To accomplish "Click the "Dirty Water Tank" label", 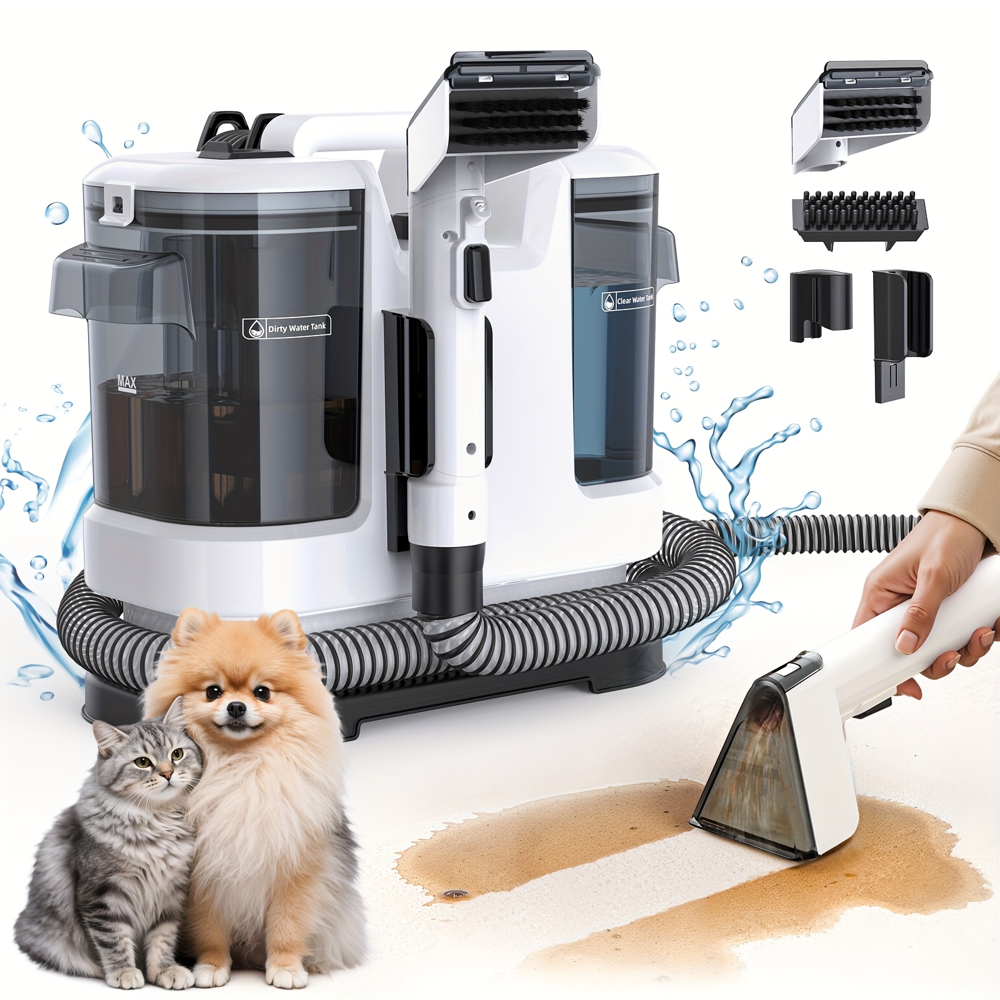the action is point(287,327).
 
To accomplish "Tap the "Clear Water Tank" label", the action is point(627,300).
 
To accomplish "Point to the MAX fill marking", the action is point(126,382).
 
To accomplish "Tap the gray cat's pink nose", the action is point(165,776).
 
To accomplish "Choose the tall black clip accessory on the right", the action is point(901,334).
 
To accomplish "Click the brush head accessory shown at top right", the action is point(861,116).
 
